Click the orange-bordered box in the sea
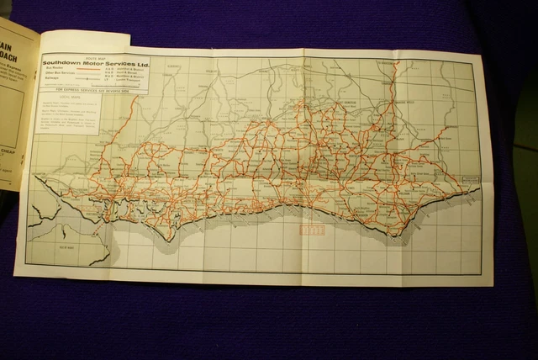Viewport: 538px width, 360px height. (x=311, y=230)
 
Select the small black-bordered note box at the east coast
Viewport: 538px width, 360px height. (x=470, y=179)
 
